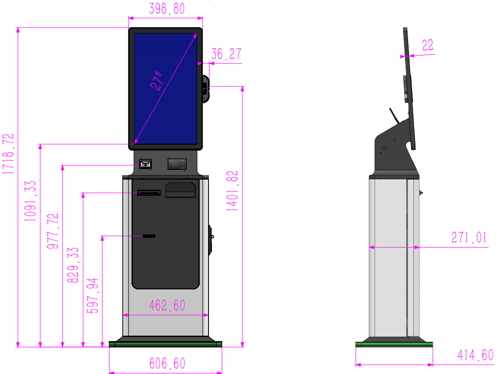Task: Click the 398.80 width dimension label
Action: pyautogui.click(x=167, y=9)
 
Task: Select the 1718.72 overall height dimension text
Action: pyautogui.click(x=8, y=154)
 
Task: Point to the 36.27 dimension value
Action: pyautogui.click(x=226, y=54)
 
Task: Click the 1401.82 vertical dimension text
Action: pyautogui.click(x=232, y=191)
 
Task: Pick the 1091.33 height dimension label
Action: pyautogui.click(x=30, y=201)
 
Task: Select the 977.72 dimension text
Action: pyautogui.click(x=53, y=231)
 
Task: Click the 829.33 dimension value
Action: pyautogui.click(x=73, y=265)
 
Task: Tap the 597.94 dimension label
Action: pyautogui.click(x=92, y=296)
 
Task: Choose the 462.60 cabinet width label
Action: pyautogui.click(x=167, y=306)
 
